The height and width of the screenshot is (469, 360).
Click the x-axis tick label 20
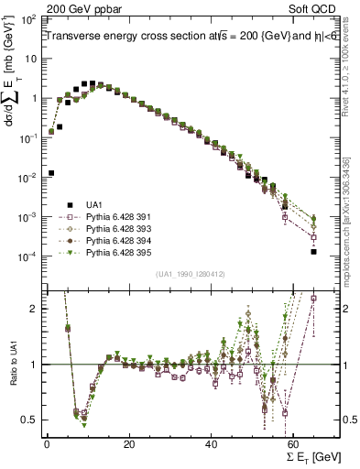[129, 443]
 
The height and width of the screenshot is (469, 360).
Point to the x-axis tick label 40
[212, 443]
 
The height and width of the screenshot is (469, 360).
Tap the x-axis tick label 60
[294, 443]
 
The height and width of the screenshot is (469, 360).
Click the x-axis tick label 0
[47, 443]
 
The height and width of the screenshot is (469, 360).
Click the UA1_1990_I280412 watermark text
[191, 273]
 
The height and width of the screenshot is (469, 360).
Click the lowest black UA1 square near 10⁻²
[51, 172]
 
